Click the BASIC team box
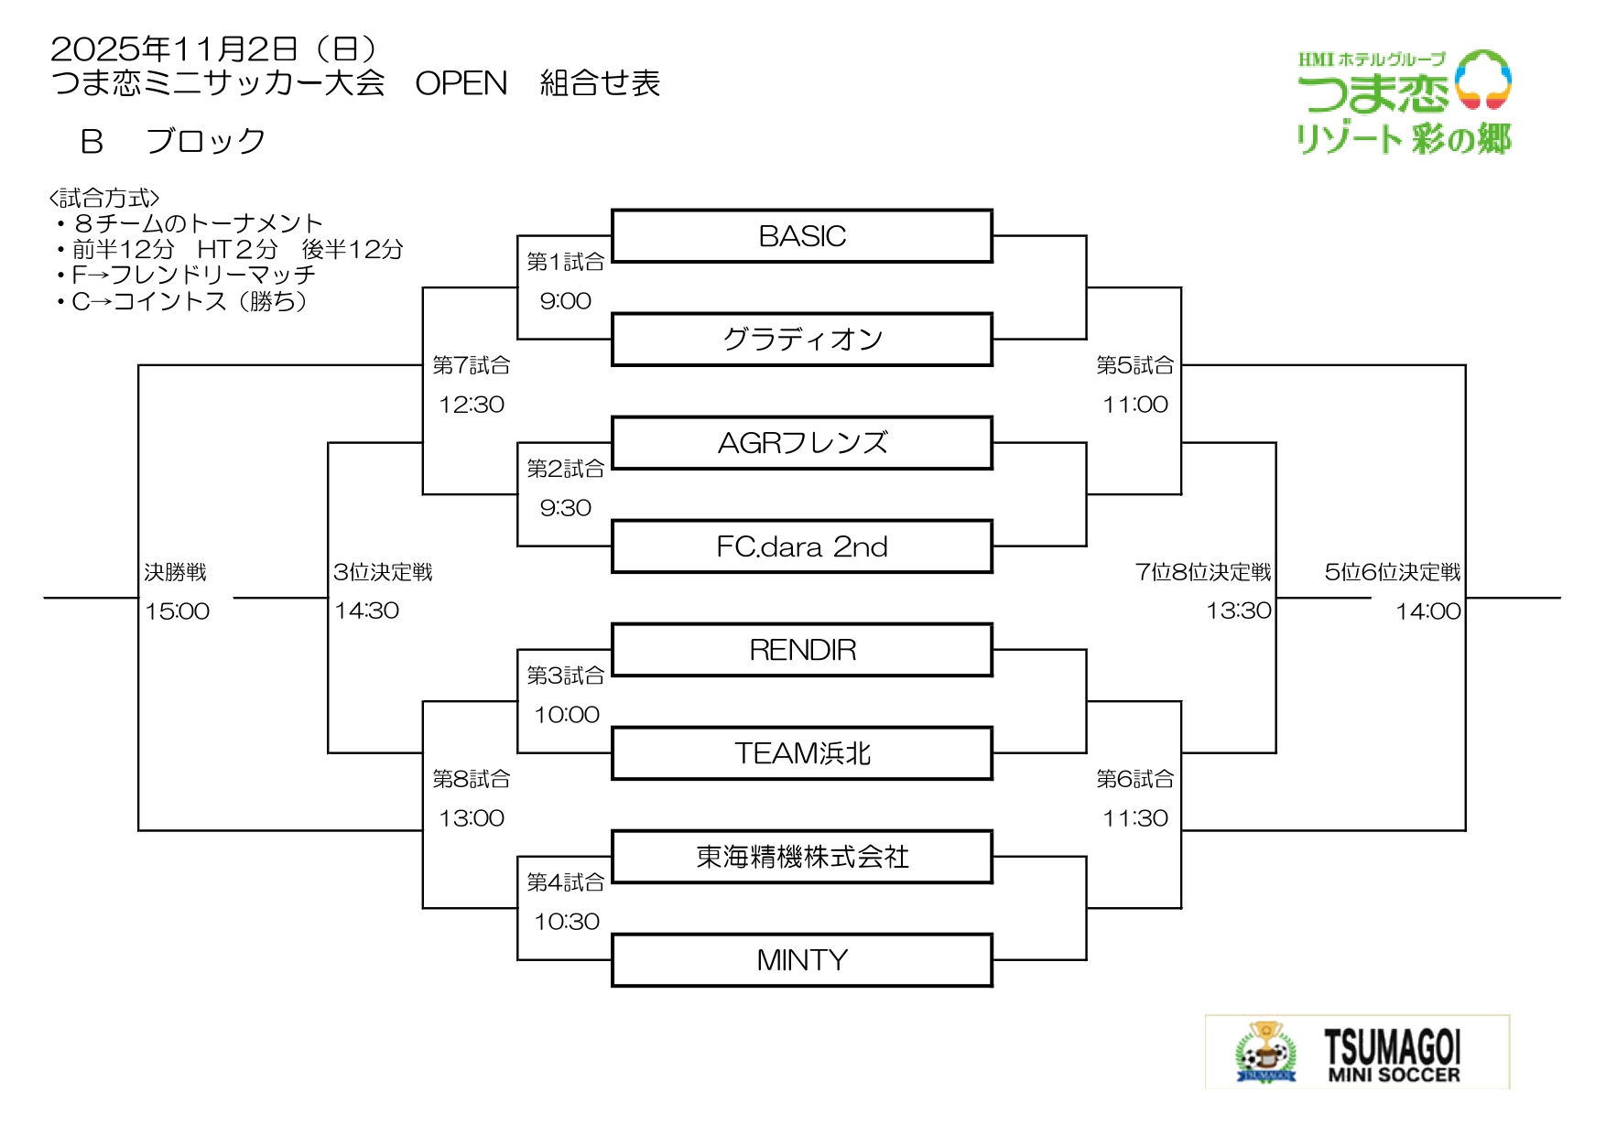pos(802,236)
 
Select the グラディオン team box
pos(802,340)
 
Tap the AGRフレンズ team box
pos(802,443)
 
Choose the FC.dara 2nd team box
pos(802,546)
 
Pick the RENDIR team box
pos(802,650)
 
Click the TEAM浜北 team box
pos(802,753)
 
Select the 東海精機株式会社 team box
pos(802,857)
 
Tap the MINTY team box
pos(802,960)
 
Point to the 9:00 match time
pos(565,301)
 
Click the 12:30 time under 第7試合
pos(471,405)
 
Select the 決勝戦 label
pos(175,572)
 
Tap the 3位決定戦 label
pos(383,572)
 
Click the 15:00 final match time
pos(177,611)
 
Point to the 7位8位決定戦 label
pos(1202,572)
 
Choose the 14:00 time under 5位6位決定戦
pos(1427,611)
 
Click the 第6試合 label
pos(1134,779)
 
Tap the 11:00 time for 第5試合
pos(1134,405)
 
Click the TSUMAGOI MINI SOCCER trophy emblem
pos(1265,1053)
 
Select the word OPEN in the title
pos(461,83)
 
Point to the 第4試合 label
pos(565,882)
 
